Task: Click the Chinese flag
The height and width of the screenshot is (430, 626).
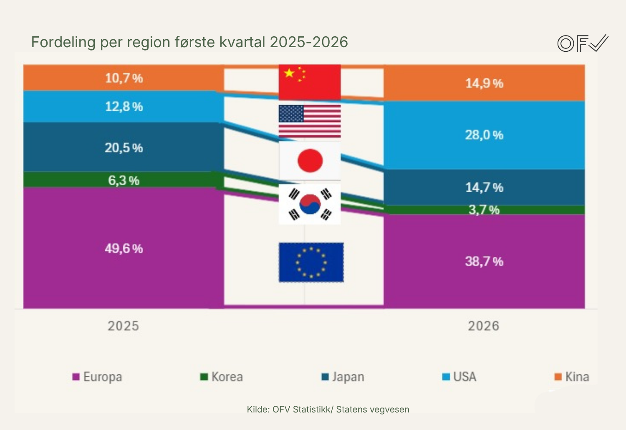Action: tap(310, 82)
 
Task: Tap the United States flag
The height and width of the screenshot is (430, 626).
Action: tap(310, 121)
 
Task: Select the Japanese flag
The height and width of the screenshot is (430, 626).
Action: tap(310, 160)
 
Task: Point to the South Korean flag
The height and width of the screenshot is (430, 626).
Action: tap(310, 204)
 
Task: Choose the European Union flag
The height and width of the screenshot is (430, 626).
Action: tap(311, 262)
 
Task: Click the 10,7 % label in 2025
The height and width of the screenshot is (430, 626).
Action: tap(124, 78)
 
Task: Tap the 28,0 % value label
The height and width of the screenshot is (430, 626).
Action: tap(484, 135)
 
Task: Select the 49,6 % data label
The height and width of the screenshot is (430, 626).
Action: tap(124, 248)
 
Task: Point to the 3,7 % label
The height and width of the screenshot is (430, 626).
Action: tap(484, 210)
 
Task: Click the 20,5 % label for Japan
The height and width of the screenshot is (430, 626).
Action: tap(124, 148)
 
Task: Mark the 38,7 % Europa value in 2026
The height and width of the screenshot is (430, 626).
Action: tap(484, 261)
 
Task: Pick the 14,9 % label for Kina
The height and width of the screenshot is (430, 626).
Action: tap(484, 83)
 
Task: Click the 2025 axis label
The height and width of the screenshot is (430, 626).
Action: tap(123, 326)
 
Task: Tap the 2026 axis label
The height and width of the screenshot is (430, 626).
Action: tap(483, 326)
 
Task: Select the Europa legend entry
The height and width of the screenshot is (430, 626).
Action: tap(98, 377)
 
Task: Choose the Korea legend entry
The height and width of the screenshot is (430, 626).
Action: tap(222, 377)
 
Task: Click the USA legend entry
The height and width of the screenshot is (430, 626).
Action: tap(459, 377)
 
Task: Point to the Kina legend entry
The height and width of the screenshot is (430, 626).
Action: tap(572, 377)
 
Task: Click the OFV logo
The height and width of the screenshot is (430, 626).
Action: tap(583, 43)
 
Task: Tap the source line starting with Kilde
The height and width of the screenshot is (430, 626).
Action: tap(328, 409)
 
